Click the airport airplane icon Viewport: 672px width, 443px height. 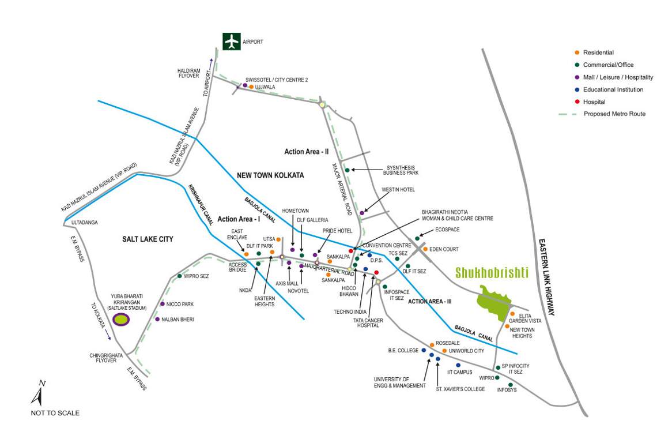coord(232,42)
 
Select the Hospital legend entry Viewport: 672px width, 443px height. coord(595,102)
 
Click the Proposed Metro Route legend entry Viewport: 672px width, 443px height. coord(614,114)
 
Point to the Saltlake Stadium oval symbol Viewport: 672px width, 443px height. coord(121,319)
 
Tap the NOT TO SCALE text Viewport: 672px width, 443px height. coord(55,413)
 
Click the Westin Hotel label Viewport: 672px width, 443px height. coord(398,190)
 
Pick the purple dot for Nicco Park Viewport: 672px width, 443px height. coord(163,304)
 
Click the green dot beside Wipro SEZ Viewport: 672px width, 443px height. coord(180,276)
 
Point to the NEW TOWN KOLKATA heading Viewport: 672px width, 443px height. coord(270,175)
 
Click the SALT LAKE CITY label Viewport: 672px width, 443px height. coord(148,239)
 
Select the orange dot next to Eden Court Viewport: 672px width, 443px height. coord(425,249)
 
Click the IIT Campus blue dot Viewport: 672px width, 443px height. coord(458,365)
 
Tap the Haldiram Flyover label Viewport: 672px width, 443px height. coord(188,73)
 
